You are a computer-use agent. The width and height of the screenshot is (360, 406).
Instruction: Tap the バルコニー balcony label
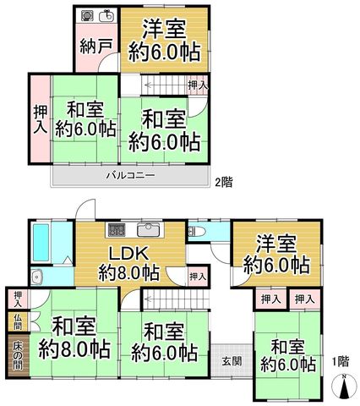click(x=130, y=176)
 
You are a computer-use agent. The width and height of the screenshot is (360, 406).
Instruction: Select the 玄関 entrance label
click(x=232, y=361)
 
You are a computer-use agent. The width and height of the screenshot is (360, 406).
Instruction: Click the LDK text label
click(x=128, y=253)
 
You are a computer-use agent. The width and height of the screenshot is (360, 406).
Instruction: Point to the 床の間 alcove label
click(x=18, y=357)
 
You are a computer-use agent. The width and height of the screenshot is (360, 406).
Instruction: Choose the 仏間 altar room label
click(x=18, y=321)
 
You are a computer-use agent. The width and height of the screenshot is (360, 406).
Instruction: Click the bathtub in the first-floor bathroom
click(x=41, y=243)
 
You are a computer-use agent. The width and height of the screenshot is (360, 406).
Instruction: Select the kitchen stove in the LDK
click(x=116, y=230)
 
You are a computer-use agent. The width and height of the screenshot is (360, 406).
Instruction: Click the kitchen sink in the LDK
click(x=149, y=230)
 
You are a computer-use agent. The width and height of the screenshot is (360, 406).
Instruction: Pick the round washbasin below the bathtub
click(x=36, y=277)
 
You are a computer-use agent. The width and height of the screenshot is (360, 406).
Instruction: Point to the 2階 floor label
click(x=224, y=182)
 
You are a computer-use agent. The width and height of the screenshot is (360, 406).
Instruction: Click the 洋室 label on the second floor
click(x=164, y=29)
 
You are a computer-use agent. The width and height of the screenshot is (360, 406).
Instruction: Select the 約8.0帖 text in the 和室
click(x=74, y=349)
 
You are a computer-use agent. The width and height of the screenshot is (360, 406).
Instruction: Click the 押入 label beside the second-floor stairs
click(x=198, y=85)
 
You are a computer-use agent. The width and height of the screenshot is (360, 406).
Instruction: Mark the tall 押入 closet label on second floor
click(x=41, y=119)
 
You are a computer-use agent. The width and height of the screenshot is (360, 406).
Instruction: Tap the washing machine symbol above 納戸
click(x=85, y=15)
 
